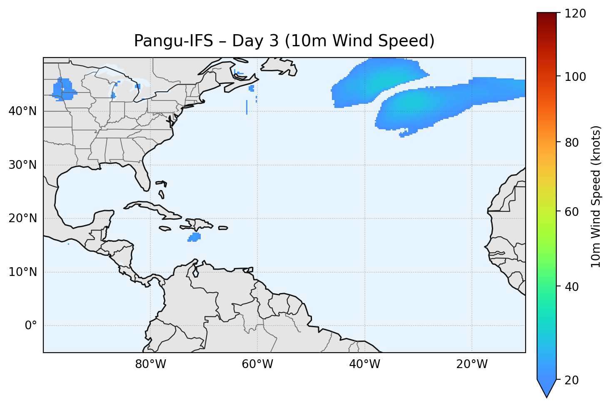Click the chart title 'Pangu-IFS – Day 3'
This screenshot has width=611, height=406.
coord(284,41)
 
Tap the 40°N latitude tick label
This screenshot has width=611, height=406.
coord(22,111)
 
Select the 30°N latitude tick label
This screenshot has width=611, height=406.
coord(22,165)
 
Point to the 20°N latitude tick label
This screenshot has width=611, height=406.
coord(22,218)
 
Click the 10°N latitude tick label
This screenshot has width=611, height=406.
coord(22,272)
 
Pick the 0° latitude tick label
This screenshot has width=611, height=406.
coord(31,326)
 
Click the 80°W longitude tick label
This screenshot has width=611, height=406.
coord(150,364)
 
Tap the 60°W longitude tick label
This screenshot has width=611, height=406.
coord(257,364)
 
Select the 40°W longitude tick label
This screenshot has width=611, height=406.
coord(364,364)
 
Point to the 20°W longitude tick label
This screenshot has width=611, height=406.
coord(471,364)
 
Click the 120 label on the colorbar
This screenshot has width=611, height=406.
coord(575,14)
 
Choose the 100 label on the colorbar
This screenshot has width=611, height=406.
coord(575,77)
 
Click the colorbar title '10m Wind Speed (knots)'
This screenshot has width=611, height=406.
coord(596,196)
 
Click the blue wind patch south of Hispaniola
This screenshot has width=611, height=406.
coord(194,237)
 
